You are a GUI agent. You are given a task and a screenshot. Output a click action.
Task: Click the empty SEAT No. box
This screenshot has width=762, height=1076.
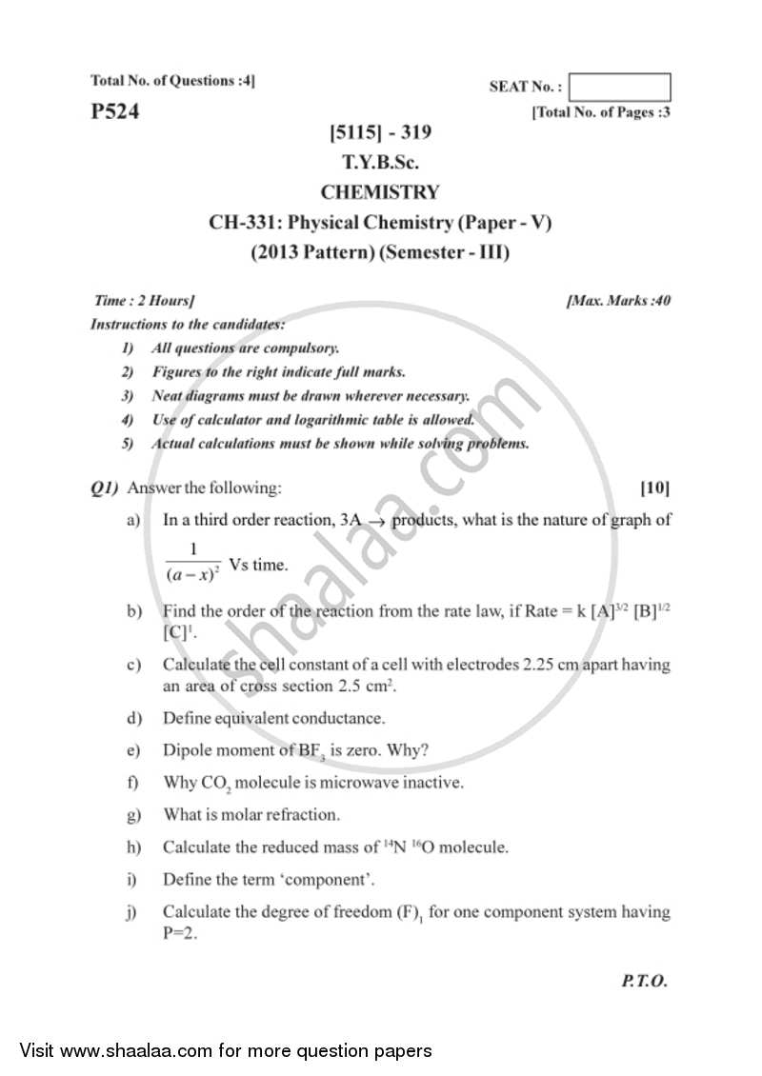[x=623, y=88]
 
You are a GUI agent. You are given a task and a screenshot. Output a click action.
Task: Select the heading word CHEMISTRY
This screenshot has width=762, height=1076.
[x=380, y=192]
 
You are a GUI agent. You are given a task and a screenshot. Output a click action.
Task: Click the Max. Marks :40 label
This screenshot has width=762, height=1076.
[x=618, y=301]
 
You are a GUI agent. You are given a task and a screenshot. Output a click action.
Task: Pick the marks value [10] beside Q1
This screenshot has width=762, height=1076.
[x=654, y=488]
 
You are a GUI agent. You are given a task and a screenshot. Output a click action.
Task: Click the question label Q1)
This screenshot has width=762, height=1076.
[x=105, y=488]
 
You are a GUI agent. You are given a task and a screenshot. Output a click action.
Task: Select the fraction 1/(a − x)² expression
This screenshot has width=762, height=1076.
[x=192, y=563]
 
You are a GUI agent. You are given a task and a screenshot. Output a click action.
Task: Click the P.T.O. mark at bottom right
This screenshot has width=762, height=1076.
[x=644, y=982]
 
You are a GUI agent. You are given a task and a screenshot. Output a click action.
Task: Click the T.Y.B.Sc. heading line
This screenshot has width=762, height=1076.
[x=381, y=163]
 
